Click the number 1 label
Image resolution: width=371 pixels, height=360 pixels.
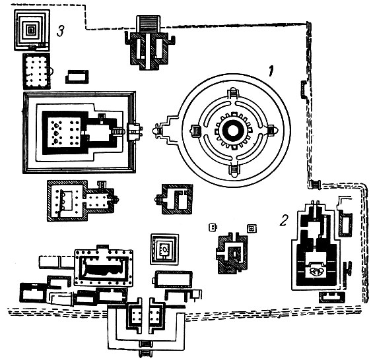(271, 71)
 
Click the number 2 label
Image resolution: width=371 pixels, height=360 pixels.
(284, 220)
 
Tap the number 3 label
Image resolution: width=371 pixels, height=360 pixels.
(61, 31)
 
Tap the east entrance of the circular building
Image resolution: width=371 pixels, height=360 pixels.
(271, 131)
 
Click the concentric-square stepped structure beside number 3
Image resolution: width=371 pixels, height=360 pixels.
(32, 30)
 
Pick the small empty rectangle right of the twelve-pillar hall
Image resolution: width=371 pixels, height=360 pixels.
(77, 76)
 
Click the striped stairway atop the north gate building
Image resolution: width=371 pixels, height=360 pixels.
(149, 24)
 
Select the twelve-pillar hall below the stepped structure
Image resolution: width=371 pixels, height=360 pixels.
(36, 71)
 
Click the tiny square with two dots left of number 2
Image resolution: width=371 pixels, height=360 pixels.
(213, 227)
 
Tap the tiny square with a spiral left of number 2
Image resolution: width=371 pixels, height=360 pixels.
(252, 228)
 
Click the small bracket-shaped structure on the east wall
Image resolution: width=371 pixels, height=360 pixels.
(303, 90)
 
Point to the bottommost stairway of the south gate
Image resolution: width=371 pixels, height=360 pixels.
(145, 354)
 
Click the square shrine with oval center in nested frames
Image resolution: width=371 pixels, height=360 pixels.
(164, 249)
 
